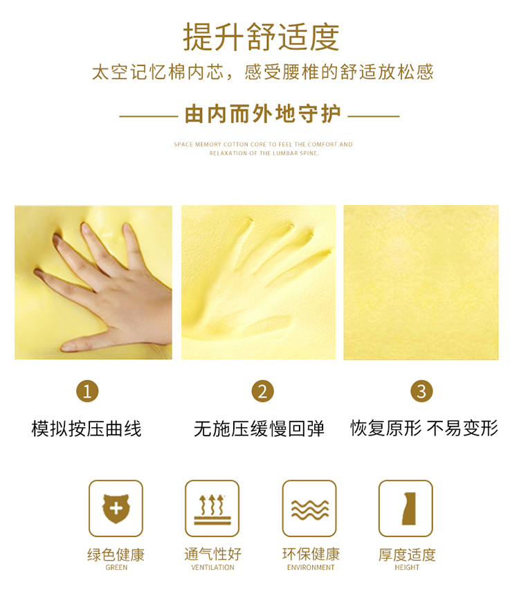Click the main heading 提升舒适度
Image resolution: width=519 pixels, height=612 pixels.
(x=261, y=37)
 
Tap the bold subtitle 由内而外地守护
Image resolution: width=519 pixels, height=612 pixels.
(x=263, y=114)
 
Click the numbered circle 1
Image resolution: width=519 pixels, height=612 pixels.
(x=87, y=391)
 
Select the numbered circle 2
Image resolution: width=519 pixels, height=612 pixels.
(x=263, y=391)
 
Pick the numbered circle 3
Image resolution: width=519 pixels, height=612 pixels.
(x=422, y=391)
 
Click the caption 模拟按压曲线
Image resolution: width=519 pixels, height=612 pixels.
(x=86, y=429)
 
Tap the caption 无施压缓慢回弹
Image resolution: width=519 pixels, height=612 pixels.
(x=259, y=429)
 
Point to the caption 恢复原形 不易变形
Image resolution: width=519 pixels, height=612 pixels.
(x=424, y=428)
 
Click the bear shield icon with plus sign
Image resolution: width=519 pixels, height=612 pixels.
(x=116, y=509)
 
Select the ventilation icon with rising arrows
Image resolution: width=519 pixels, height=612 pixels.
(x=212, y=509)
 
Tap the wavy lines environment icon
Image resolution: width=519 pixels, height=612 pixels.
(x=309, y=509)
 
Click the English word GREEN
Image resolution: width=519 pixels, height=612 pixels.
(x=116, y=568)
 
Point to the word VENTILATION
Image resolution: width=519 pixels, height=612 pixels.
(x=212, y=568)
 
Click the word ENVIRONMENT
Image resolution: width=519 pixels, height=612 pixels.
(x=311, y=568)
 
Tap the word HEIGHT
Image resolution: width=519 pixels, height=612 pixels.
(x=407, y=568)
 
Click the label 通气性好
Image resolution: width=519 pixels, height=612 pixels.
(x=212, y=555)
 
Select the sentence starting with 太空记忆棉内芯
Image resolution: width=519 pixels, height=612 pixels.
(x=263, y=72)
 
